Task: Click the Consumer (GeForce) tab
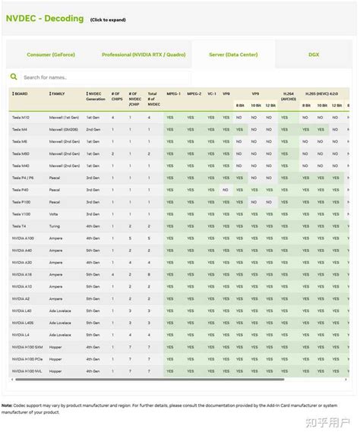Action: (x=51, y=55)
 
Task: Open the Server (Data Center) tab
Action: (x=232, y=55)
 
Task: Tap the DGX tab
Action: (x=314, y=55)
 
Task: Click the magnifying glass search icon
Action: (x=14, y=77)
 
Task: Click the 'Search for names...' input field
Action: (x=99, y=77)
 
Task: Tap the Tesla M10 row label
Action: (x=21, y=118)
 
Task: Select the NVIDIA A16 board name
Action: (x=22, y=273)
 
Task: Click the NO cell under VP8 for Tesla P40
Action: (x=226, y=190)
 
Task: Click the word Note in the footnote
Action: (x=7, y=405)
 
